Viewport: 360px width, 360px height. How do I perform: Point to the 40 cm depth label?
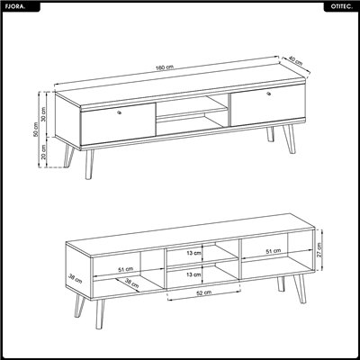point(295,60)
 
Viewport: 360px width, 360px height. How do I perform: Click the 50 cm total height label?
point(36,130)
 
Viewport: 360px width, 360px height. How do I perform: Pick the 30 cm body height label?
point(43,114)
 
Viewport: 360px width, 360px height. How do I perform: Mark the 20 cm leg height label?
point(43,152)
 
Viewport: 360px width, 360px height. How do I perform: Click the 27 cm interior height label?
point(319,250)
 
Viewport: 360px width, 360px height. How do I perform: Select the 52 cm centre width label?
point(204,292)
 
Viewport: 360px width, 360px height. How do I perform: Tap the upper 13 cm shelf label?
point(193,253)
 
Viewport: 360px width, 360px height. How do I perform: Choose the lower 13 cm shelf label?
point(193,274)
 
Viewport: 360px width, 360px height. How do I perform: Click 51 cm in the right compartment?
point(274,251)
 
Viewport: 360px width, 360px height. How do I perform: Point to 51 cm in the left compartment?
point(125,269)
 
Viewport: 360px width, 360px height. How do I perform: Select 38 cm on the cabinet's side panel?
point(75,279)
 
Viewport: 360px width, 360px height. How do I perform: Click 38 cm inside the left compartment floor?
point(131,283)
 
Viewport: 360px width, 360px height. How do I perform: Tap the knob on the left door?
point(120,112)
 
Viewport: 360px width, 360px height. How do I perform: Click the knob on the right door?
point(269,94)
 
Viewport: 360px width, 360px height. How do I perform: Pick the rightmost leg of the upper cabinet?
point(289,139)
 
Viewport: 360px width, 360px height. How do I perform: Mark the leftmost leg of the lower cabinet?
point(79,305)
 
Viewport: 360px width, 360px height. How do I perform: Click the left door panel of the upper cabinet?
point(118,124)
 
